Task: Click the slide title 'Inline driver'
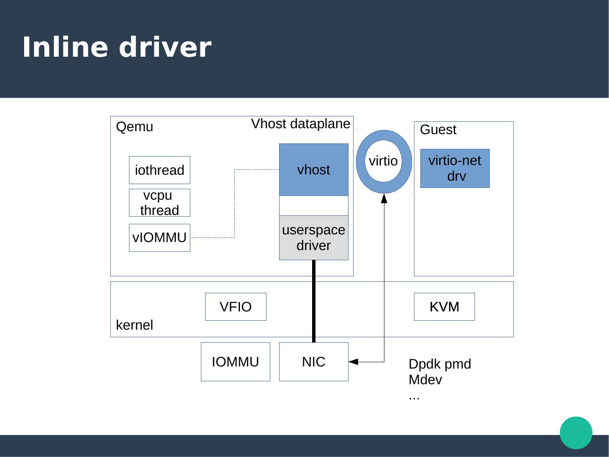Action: (x=116, y=47)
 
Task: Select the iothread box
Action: (x=159, y=170)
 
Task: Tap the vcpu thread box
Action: (x=159, y=203)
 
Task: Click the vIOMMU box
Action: (x=159, y=238)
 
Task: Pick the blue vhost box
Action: (x=313, y=170)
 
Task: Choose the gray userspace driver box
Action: (x=313, y=238)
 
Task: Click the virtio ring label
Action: (x=383, y=161)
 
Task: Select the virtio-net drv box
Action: (x=455, y=168)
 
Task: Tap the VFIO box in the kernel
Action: (x=236, y=307)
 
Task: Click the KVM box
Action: (x=444, y=307)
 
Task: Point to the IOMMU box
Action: (x=235, y=362)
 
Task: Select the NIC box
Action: (x=313, y=362)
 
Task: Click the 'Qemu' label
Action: (x=134, y=127)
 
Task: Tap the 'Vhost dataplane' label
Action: (x=301, y=124)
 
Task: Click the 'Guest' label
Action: (x=438, y=130)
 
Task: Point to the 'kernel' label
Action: (x=134, y=325)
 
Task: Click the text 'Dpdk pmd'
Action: (x=440, y=364)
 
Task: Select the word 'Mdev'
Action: (x=425, y=380)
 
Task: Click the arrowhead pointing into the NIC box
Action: (x=354, y=362)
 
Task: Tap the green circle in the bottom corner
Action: (x=576, y=432)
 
